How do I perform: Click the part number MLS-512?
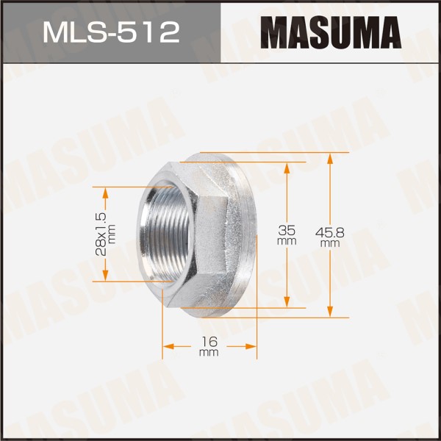(x=111, y=33)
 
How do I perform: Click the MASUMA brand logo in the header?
(x=331, y=32)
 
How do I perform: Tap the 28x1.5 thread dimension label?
(x=104, y=234)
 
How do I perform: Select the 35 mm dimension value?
(x=287, y=235)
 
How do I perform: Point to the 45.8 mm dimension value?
(x=330, y=237)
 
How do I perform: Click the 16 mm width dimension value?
(x=209, y=346)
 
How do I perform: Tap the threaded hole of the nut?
(x=167, y=234)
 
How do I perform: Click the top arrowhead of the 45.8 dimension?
(x=330, y=159)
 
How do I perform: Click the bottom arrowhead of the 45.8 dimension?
(x=330, y=311)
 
